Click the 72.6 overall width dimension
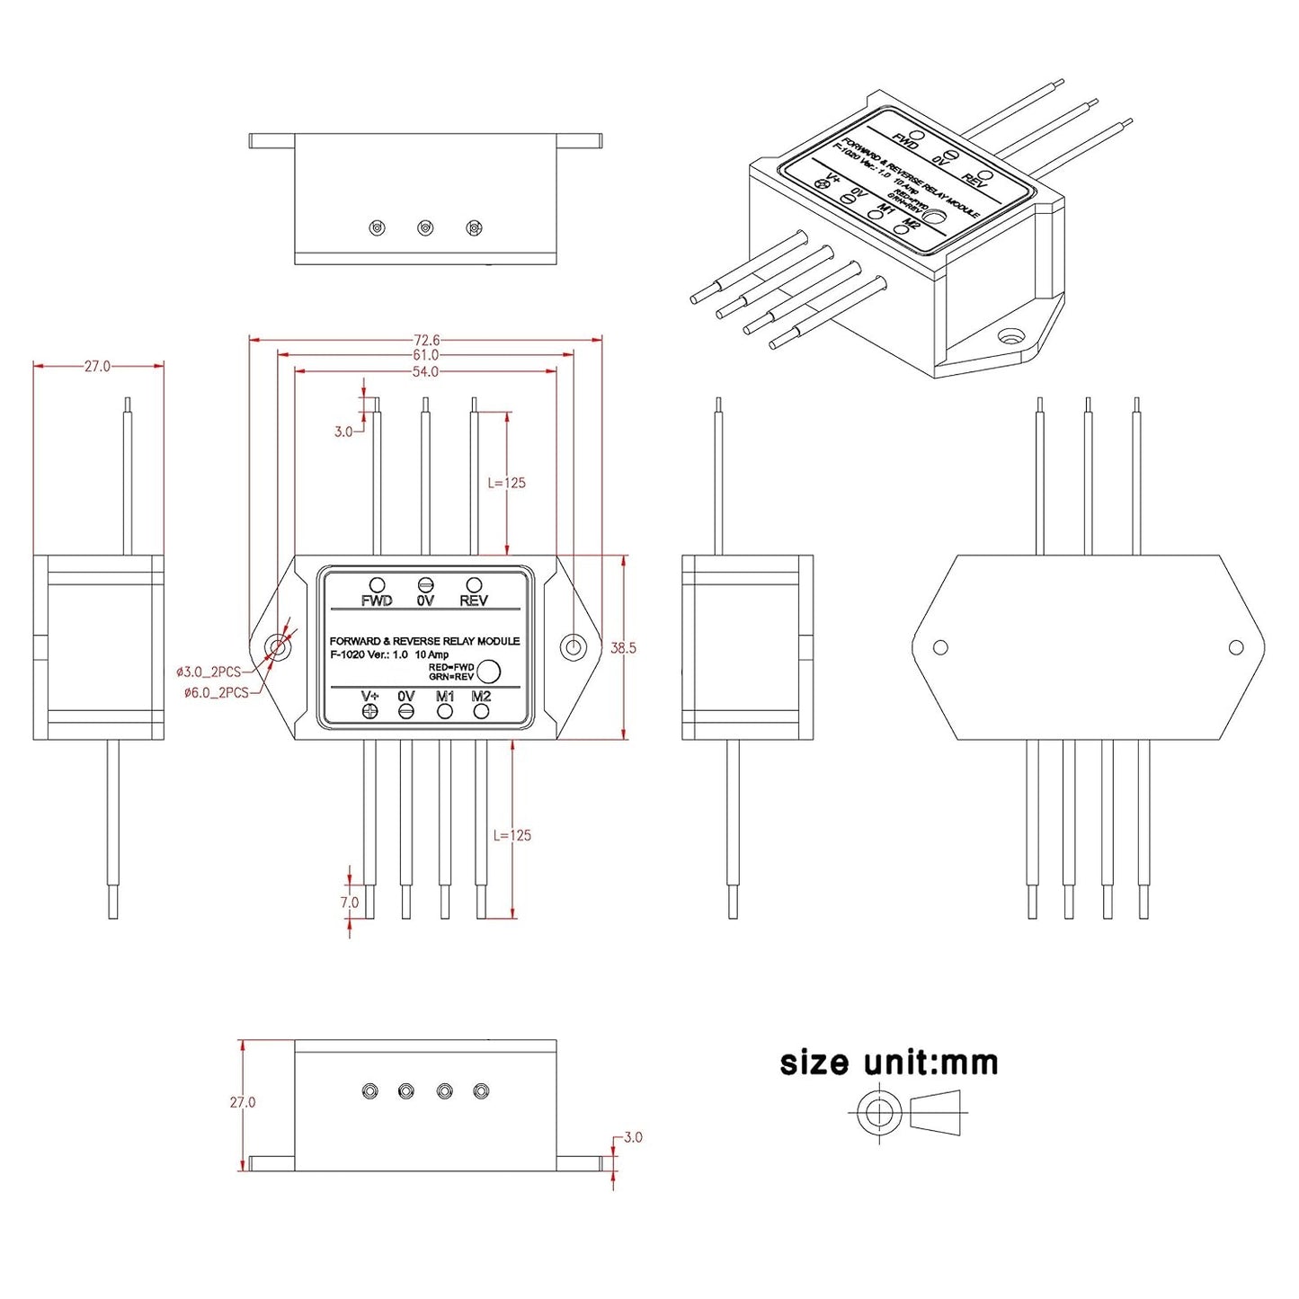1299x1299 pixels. (426, 340)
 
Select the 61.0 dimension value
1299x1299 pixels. (426, 355)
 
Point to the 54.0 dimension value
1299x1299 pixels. (425, 371)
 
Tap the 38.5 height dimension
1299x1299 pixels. (623, 648)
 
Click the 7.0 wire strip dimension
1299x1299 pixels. (349, 902)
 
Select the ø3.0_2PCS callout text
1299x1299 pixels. (209, 672)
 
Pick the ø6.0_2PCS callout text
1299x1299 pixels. (216, 693)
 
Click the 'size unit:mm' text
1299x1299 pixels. (888, 1063)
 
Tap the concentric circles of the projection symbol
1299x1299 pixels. (878, 1113)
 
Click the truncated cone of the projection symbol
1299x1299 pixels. (936, 1113)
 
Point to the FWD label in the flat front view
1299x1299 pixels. (377, 601)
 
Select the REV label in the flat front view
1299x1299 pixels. (474, 601)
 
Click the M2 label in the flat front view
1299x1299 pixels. (481, 697)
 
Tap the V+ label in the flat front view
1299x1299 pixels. (369, 697)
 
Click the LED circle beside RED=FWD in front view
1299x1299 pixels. (488, 672)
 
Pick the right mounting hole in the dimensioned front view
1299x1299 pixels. (573, 646)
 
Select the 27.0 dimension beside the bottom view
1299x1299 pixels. (243, 1102)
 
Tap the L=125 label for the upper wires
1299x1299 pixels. (506, 483)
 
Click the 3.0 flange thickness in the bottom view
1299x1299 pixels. (633, 1137)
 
